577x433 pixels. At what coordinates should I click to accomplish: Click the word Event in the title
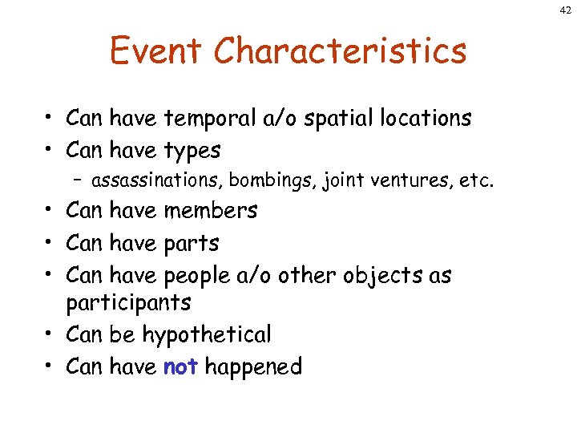point(156,51)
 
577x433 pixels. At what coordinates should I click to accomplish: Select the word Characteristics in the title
point(340,51)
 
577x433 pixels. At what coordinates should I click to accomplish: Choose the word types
point(192,151)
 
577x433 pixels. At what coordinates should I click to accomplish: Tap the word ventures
point(404,181)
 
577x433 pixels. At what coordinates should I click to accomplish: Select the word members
point(211,210)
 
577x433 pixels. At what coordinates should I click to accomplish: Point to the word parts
point(191,243)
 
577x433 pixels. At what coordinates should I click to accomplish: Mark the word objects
point(385,276)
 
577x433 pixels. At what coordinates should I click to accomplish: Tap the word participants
point(128,303)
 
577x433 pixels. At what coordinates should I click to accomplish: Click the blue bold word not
point(180,366)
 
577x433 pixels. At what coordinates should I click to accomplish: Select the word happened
point(253,366)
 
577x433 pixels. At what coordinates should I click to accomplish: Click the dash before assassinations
point(82,181)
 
